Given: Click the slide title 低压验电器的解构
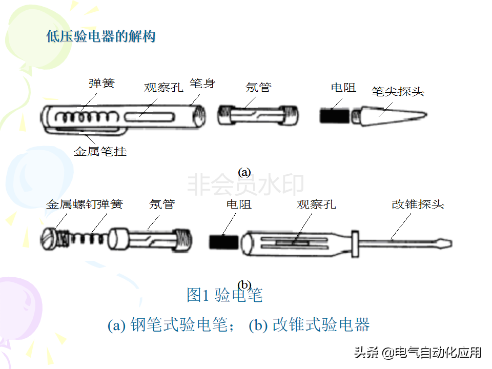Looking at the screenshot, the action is [x=101, y=36].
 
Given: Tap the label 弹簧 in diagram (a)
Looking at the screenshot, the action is [x=101, y=84].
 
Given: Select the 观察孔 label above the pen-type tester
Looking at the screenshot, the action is [x=163, y=88].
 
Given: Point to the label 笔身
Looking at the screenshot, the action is [x=202, y=84].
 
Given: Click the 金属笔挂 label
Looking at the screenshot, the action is [x=100, y=152].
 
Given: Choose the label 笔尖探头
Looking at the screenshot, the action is [x=398, y=92].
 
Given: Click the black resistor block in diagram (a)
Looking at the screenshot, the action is [x=335, y=115].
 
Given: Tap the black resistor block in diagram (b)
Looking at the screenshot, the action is [x=224, y=242].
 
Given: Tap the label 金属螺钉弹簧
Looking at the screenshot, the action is [x=85, y=204].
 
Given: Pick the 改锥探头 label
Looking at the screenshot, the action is [x=418, y=204].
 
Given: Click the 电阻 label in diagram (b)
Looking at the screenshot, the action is [x=239, y=204].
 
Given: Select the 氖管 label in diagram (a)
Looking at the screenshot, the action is [x=258, y=88].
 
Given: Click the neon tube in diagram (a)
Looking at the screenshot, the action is [x=258, y=116].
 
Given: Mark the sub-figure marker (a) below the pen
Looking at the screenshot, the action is [x=244, y=172].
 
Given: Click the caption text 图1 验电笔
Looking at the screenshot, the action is [x=224, y=295].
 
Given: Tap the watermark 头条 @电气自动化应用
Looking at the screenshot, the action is [x=418, y=353].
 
